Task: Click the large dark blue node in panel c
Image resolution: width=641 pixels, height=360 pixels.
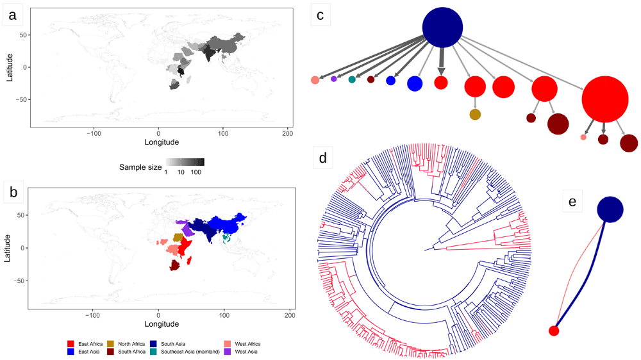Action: point(442,28)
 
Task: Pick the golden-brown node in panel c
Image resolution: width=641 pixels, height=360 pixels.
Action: point(475,115)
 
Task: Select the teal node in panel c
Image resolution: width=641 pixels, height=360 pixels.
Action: point(352,79)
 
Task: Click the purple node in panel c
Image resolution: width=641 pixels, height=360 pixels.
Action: point(334,79)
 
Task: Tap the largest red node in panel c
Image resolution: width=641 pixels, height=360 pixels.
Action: point(604,99)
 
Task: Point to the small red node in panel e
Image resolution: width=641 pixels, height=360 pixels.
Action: point(554,331)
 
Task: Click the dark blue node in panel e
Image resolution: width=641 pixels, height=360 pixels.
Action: point(610,209)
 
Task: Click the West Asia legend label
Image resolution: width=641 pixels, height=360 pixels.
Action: point(248,352)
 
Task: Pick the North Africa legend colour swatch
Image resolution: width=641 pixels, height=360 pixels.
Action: point(112,345)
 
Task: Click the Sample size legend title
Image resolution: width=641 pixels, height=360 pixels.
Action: point(140,167)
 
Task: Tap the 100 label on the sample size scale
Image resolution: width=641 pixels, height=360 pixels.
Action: point(197,172)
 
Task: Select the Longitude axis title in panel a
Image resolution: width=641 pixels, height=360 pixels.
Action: point(158,142)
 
